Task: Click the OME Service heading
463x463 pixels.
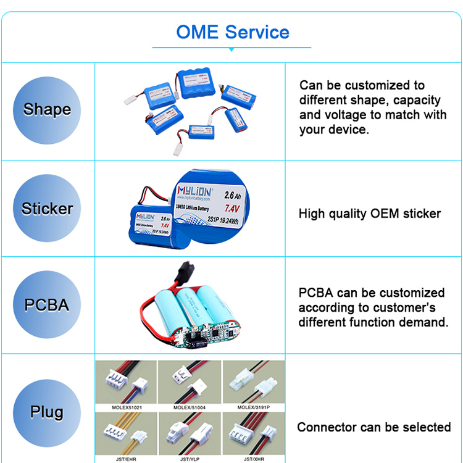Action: click(232, 32)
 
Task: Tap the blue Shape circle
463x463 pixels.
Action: click(47, 110)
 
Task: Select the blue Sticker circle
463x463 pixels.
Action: click(47, 209)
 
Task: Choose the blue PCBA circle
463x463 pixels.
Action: click(47, 305)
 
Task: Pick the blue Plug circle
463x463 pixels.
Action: click(47, 412)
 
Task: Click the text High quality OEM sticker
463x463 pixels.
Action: click(370, 214)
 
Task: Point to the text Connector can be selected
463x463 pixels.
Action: click(373, 427)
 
